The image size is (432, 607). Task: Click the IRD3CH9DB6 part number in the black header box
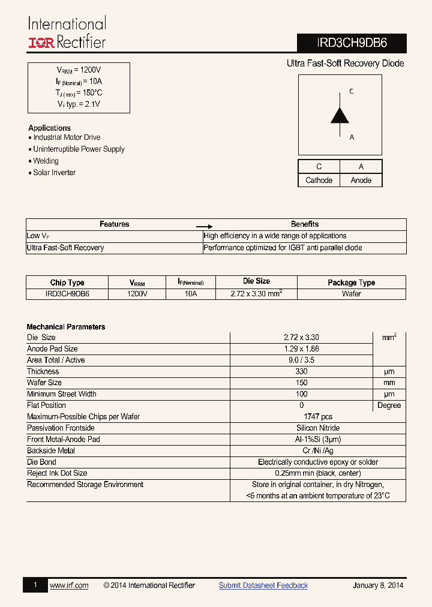352,43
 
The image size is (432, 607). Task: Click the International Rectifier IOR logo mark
41,43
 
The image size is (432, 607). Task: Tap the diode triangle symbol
340,115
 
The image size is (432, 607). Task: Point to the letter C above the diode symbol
352,92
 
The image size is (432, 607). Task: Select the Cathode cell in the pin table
319,180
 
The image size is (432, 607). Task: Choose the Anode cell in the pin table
361,180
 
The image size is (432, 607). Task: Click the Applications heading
49,128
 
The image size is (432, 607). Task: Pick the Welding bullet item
46,161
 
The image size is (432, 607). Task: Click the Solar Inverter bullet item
54,172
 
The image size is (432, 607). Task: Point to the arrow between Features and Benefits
205,227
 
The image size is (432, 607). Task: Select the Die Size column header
256,281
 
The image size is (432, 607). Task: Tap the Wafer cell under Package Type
352,294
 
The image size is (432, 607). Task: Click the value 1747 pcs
318,417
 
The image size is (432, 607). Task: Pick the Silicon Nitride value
318,428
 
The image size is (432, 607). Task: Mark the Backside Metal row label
51,451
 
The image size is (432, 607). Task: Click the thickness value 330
301,372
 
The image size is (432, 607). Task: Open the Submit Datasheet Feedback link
263,585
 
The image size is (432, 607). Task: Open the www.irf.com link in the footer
69,585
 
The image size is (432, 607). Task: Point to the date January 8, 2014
378,585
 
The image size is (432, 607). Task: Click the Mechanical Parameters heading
66,327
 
